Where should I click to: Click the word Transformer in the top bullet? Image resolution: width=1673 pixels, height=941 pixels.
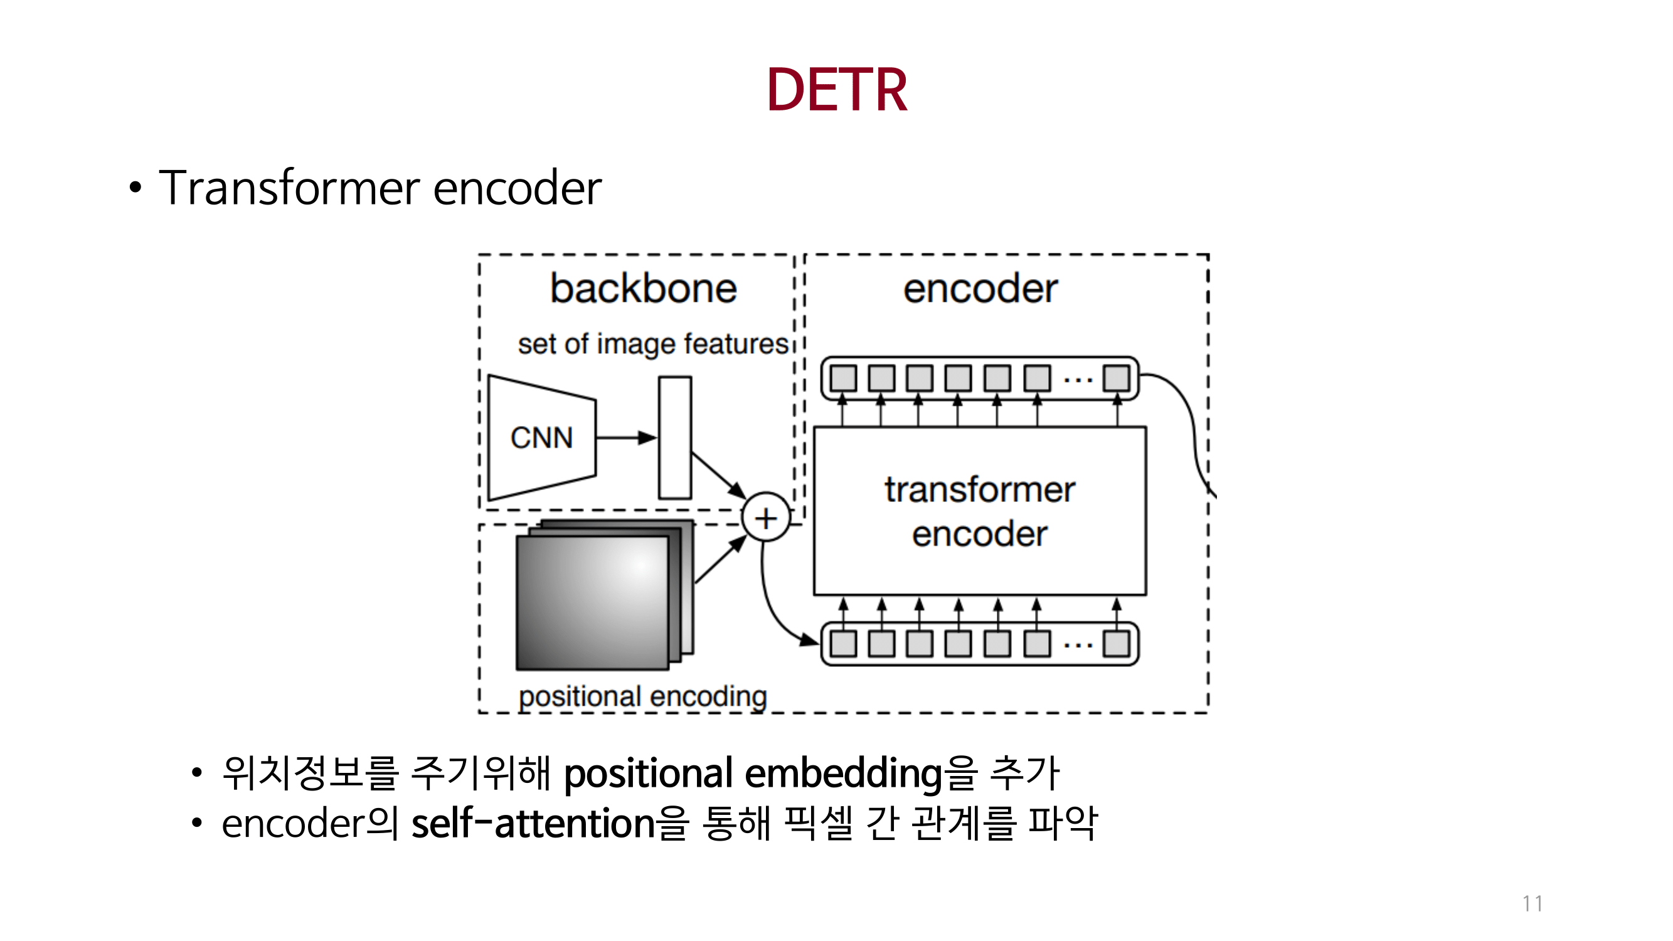click(289, 188)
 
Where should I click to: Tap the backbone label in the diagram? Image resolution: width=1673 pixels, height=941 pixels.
click(643, 289)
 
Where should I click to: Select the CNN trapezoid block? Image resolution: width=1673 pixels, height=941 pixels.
click(541, 438)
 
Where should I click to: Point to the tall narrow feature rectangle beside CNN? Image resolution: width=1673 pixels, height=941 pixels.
click(675, 438)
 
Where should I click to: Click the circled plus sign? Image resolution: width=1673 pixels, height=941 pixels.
click(767, 518)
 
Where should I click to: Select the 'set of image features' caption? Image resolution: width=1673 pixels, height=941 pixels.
click(653, 344)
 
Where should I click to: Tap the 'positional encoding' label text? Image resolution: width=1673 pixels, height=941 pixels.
click(642, 697)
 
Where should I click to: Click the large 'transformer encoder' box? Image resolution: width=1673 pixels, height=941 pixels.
click(979, 511)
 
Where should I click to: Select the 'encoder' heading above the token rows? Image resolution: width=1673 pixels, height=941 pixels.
click(979, 289)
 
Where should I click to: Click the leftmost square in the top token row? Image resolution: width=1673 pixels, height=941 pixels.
click(843, 378)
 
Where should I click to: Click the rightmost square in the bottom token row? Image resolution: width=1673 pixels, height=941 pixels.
click(1117, 644)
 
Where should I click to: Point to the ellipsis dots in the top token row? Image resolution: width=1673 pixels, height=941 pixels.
click(1078, 380)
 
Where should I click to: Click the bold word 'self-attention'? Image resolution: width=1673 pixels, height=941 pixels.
click(533, 824)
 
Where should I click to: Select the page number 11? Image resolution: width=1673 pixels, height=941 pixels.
click(1532, 903)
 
